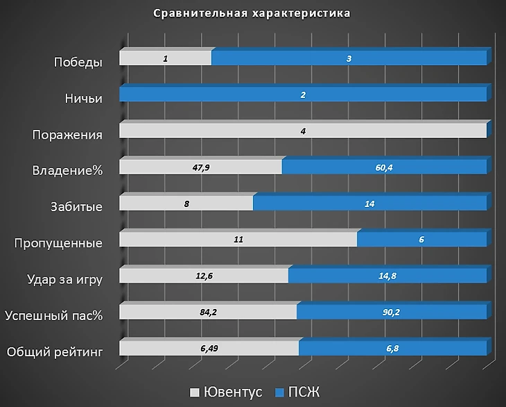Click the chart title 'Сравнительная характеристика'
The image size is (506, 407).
(252, 13)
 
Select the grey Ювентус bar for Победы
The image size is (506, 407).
(165, 59)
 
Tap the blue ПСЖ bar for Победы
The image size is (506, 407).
(349, 59)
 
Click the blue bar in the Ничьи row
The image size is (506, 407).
(303, 95)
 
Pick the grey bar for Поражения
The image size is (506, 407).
(303, 131)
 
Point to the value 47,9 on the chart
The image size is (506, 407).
(200, 167)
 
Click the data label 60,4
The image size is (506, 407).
(383, 167)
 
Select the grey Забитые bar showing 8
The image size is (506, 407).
(186, 203)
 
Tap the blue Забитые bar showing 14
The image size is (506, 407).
(369, 203)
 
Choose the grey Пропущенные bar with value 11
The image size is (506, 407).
(238, 240)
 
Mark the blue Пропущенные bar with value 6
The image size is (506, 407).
(421, 240)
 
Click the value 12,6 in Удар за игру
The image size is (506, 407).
(203, 276)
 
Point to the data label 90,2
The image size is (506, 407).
(391, 313)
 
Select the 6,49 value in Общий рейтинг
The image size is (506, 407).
(209, 349)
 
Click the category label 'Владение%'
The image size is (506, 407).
(67, 171)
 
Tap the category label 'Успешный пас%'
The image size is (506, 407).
(53, 316)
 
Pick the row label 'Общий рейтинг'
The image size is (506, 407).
(55, 352)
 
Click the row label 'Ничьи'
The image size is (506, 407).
(80, 99)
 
